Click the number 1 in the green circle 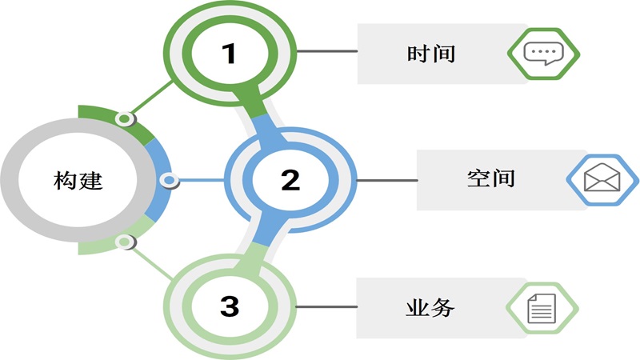(x=230, y=54)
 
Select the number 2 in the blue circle (x=290, y=179)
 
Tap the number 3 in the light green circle (x=230, y=305)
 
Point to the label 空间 (x=490, y=178)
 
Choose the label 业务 (x=430, y=306)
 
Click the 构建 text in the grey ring (x=79, y=180)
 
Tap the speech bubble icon (x=543, y=54)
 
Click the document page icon (x=542, y=306)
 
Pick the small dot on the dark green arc (x=124, y=120)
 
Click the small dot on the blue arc (x=169, y=181)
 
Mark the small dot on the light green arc (x=123, y=242)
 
